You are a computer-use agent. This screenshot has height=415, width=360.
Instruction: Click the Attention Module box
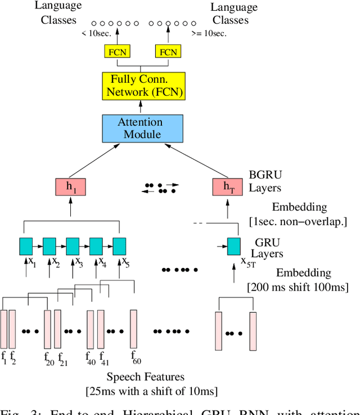pos(139,128)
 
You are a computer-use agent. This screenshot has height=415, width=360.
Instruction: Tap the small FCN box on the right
pos(168,52)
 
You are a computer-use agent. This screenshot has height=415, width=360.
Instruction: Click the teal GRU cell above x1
pos(26,246)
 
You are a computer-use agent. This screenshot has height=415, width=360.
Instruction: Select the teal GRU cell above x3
pos(73,246)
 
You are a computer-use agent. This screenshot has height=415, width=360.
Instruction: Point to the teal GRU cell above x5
pos(119,246)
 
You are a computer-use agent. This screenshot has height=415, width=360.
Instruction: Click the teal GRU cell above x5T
pos(234,246)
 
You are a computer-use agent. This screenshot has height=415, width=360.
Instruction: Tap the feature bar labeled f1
pos(4,329)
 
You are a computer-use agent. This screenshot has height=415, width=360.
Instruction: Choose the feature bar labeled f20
pos(47,329)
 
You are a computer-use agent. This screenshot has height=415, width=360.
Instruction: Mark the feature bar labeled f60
pos(133,329)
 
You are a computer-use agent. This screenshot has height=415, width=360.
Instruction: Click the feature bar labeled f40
pos(90,329)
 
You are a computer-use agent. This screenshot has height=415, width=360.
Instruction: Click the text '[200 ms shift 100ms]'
pos(298,287)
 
